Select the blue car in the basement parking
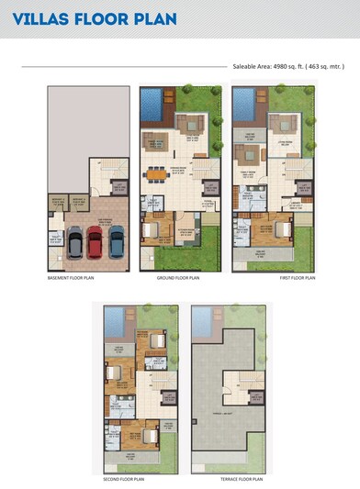point(117,242)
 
